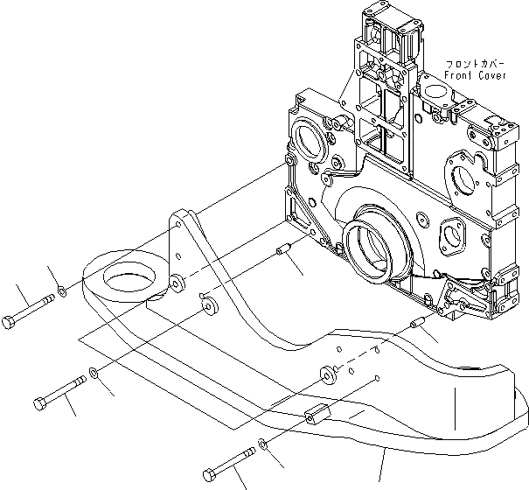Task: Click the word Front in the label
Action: [457, 76]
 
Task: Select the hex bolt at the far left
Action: [28, 307]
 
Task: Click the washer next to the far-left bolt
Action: [59, 290]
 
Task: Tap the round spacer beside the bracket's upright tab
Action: [178, 283]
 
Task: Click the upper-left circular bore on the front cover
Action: [313, 138]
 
